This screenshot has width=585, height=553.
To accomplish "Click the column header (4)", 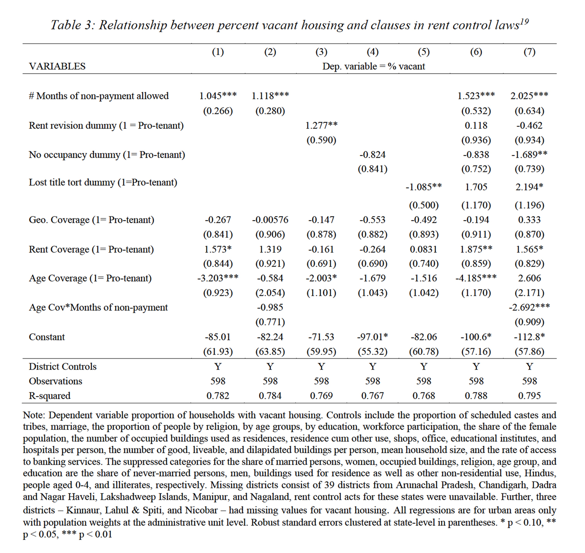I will coord(372,52).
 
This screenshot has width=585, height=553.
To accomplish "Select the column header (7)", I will coord(529,52).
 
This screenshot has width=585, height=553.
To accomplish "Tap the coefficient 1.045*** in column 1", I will coord(218,96).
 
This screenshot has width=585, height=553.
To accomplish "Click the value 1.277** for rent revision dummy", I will coord(321,125).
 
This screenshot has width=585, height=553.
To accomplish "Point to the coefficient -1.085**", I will coord(423,187).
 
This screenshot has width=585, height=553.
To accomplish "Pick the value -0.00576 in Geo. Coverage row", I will coord(270,220).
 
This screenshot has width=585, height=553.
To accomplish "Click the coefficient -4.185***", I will coord(476,278).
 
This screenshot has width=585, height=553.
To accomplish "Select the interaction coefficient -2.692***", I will coord(529,307).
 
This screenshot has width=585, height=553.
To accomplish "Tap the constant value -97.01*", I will coord(372,337).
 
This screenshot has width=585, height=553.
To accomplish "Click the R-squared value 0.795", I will coord(529,395).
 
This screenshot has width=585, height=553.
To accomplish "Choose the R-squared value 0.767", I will coord(372,395).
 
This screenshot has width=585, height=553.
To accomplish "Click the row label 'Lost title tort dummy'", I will coord(103,182).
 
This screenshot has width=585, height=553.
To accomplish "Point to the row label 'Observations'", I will coord(55,381).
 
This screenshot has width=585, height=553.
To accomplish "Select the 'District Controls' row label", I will coord(63,366).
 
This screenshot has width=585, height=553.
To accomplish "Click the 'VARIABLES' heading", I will coord(57,66).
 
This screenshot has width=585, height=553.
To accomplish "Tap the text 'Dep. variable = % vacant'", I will coord(374,66).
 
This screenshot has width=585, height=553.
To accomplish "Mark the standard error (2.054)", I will coord(270,293).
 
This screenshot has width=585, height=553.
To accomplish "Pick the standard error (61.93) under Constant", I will coord(218,351).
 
